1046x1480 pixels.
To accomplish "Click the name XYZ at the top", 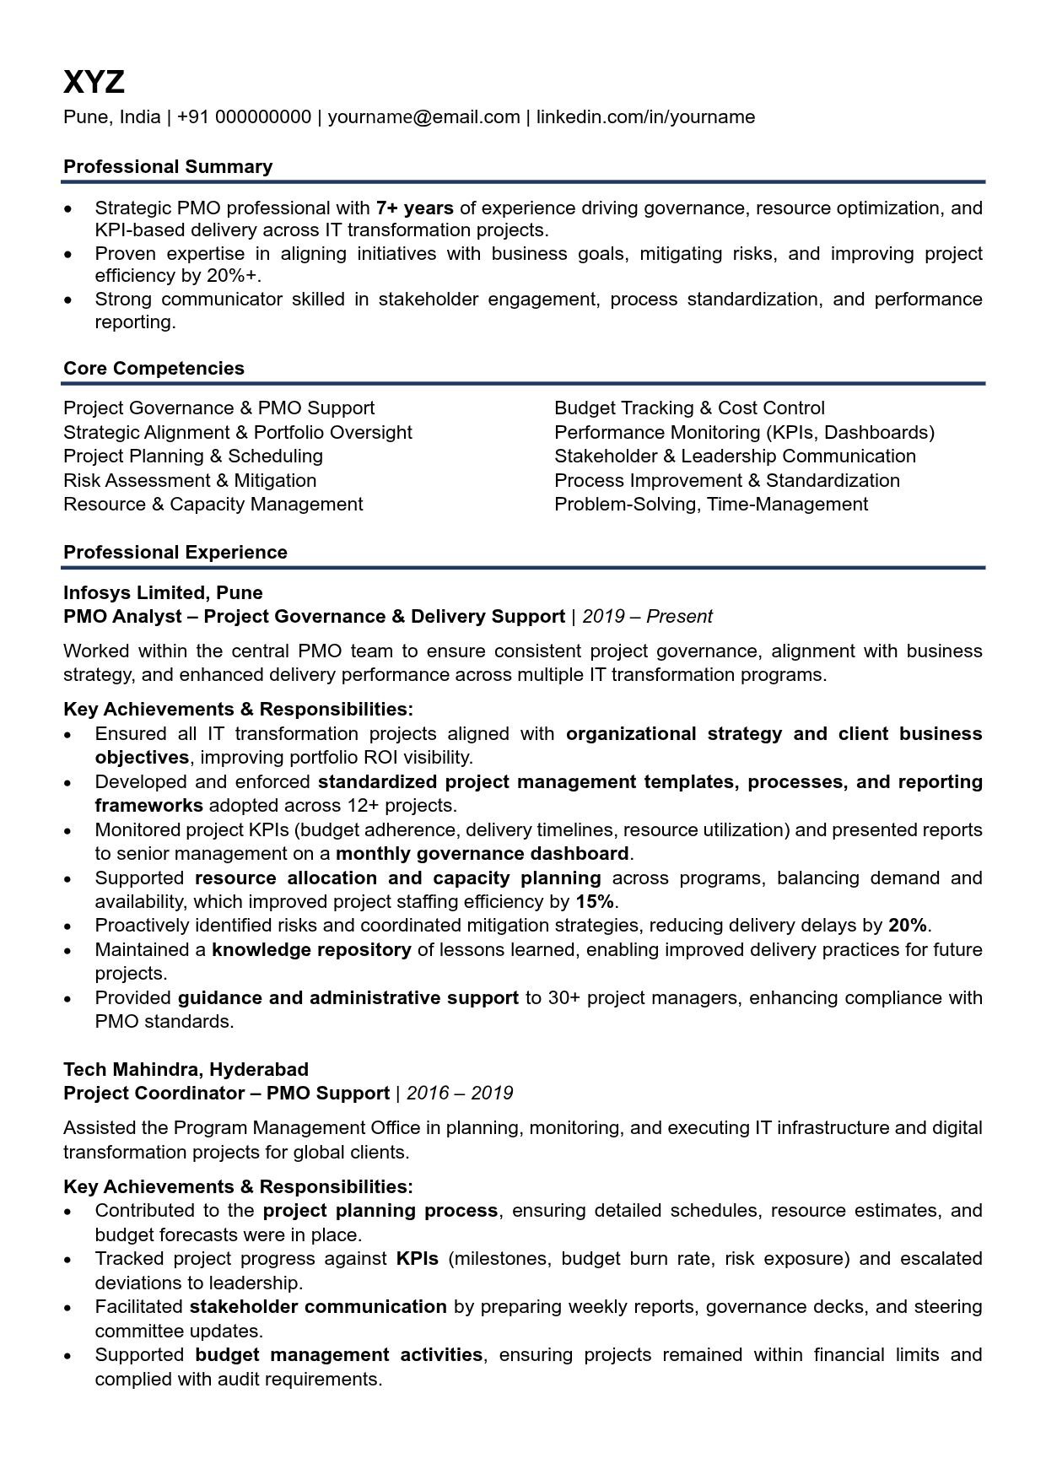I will tap(94, 82).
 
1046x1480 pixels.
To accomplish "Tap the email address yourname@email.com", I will tap(423, 117).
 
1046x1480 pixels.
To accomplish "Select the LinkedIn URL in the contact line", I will tap(645, 117).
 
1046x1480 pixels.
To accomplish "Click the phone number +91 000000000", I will tap(244, 117).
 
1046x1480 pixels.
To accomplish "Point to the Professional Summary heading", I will tap(168, 166).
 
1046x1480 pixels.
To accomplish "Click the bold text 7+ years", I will tap(414, 208).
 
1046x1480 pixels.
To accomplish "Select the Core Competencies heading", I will tap(154, 368).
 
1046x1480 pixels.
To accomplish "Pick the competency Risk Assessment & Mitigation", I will tap(190, 480).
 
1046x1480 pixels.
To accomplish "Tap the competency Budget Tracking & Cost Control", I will tap(689, 408).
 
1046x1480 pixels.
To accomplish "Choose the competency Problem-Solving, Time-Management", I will tap(710, 505).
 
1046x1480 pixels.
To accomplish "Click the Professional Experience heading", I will tap(175, 552).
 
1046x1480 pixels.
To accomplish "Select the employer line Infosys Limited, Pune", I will tap(163, 592).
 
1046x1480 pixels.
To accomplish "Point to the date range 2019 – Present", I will tap(647, 617).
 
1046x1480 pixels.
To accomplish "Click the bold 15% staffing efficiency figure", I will tap(595, 901).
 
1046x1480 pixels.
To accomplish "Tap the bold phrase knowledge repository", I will tap(311, 949).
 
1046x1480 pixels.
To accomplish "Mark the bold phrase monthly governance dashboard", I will tap(482, 853).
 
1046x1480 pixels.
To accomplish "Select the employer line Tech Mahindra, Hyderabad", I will tap(186, 1069).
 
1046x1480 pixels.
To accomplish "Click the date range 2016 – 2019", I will tap(459, 1094).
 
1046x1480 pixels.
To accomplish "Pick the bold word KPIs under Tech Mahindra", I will tap(417, 1258).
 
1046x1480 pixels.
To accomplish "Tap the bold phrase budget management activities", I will tap(338, 1354).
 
